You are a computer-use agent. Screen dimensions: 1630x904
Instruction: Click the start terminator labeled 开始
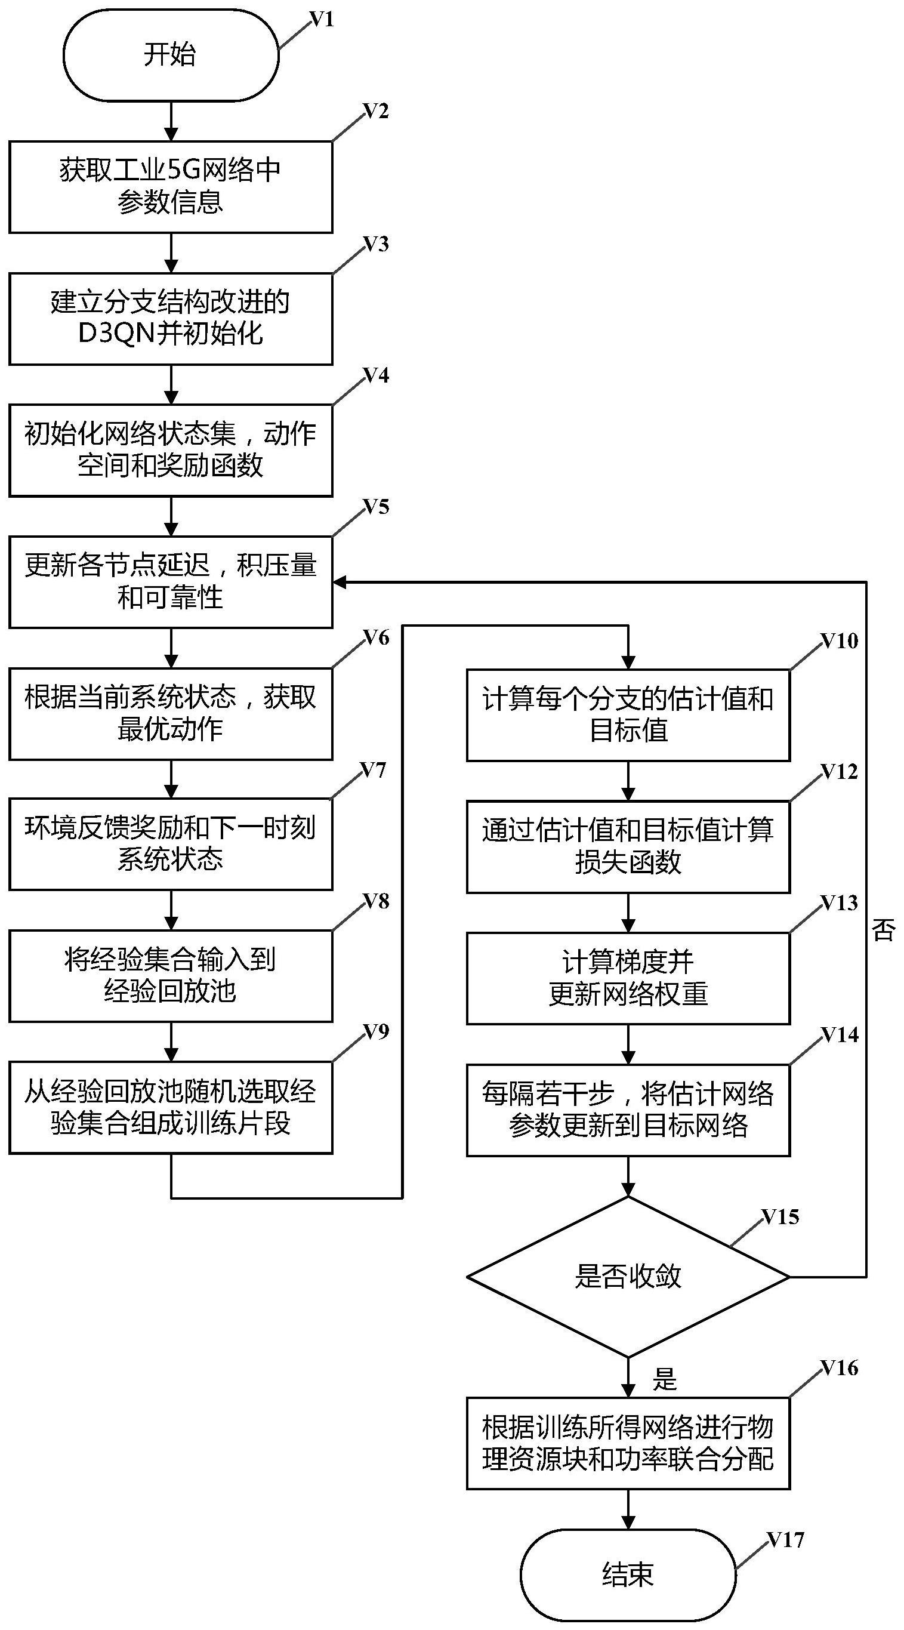(x=171, y=55)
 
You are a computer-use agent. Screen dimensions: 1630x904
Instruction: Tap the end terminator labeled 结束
(x=628, y=1574)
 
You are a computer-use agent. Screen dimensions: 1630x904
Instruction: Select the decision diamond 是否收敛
(x=628, y=1276)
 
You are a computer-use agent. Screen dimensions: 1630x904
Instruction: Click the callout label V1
(x=322, y=20)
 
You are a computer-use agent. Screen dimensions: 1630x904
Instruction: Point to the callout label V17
(x=785, y=1539)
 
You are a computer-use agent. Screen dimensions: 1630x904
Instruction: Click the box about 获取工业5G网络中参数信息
(x=171, y=187)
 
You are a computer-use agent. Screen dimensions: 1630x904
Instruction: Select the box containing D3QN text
(x=171, y=318)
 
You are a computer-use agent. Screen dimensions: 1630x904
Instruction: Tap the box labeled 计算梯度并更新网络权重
(x=628, y=978)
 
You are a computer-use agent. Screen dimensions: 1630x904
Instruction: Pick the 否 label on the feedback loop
(x=883, y=930)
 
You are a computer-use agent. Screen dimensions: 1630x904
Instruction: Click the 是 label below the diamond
(x=664, y=1379)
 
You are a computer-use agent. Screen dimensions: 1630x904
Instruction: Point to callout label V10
(x=839, y=641)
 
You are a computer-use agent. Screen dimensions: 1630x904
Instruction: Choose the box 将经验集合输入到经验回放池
(x=171, y=975)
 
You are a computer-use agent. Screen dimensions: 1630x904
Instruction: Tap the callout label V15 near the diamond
(x=780, y=1217)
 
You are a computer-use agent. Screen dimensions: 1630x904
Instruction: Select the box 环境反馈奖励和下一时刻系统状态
(x=171, y=843)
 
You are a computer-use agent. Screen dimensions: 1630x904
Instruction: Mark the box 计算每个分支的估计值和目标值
(x=628, y=715)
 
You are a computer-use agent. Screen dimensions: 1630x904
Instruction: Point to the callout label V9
(x=376, y=1032)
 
